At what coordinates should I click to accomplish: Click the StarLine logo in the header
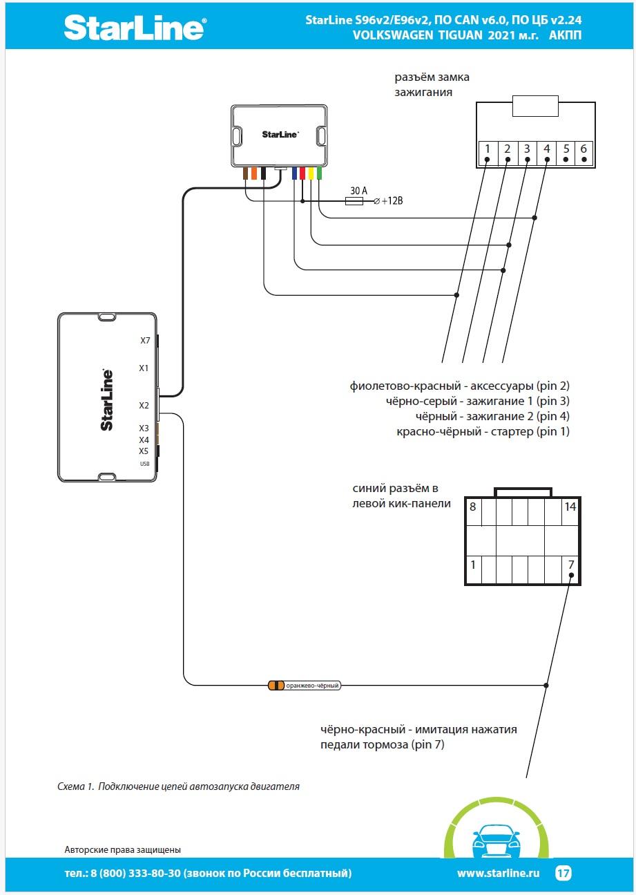pyautogui.click(x=135, y=27)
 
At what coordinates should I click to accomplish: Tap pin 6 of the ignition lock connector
pyautogui.click(x=584, y=149)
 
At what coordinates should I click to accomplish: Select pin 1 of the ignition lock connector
pyautogui.click(x=487, y=149)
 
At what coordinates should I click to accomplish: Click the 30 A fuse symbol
pyautogui.click(x=355, y=201)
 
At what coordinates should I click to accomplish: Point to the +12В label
pyautogui.click(x=392, y=201)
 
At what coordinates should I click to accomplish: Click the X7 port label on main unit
pyautogui.click(x=144, y=341)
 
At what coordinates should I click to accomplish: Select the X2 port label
pyautogui.click(x=144, y=406)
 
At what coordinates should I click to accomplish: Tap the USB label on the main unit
pyautogui.click(x=144, y=464)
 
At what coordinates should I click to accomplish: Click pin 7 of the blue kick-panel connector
pyautogui.click(x=570, y=565)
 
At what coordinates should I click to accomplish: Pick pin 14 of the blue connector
pyautogui.click(x=570, y=507)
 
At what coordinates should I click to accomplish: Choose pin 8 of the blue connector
pyautogui.click(x=473, y=507)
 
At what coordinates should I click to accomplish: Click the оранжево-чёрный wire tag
pyautogui.click(x=311, y=686)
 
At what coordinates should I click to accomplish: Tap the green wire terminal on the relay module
pyautogui.click(x=319, y=173)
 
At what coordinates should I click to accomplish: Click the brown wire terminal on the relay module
pyautogui.click(x=245, y=173)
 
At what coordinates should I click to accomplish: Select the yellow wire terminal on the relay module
pyautogui.click(x=311, y=173)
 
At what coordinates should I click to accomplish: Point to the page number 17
pyautogui.click(x=563, y=874)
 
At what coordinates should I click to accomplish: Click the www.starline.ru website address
pyautogui.click(x=497, y=874)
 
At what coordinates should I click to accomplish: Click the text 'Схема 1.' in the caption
pyautogui.click(x=75, y=786)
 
